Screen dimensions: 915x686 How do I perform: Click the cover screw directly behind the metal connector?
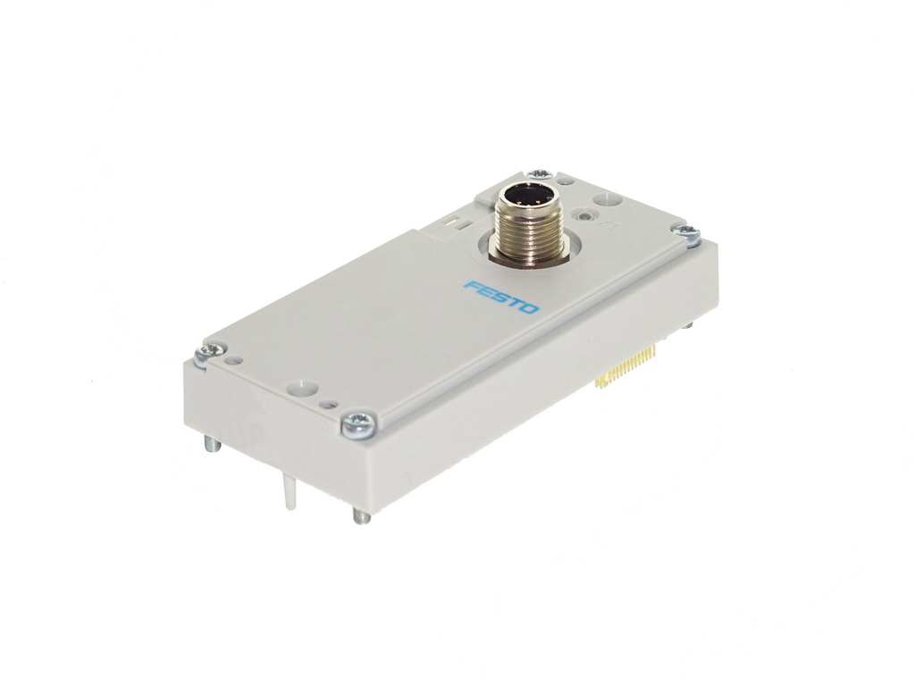coord(539,173)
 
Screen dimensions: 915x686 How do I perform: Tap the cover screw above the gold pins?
coord(686,231)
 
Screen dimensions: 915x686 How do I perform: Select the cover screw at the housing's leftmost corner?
coord(209,352)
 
